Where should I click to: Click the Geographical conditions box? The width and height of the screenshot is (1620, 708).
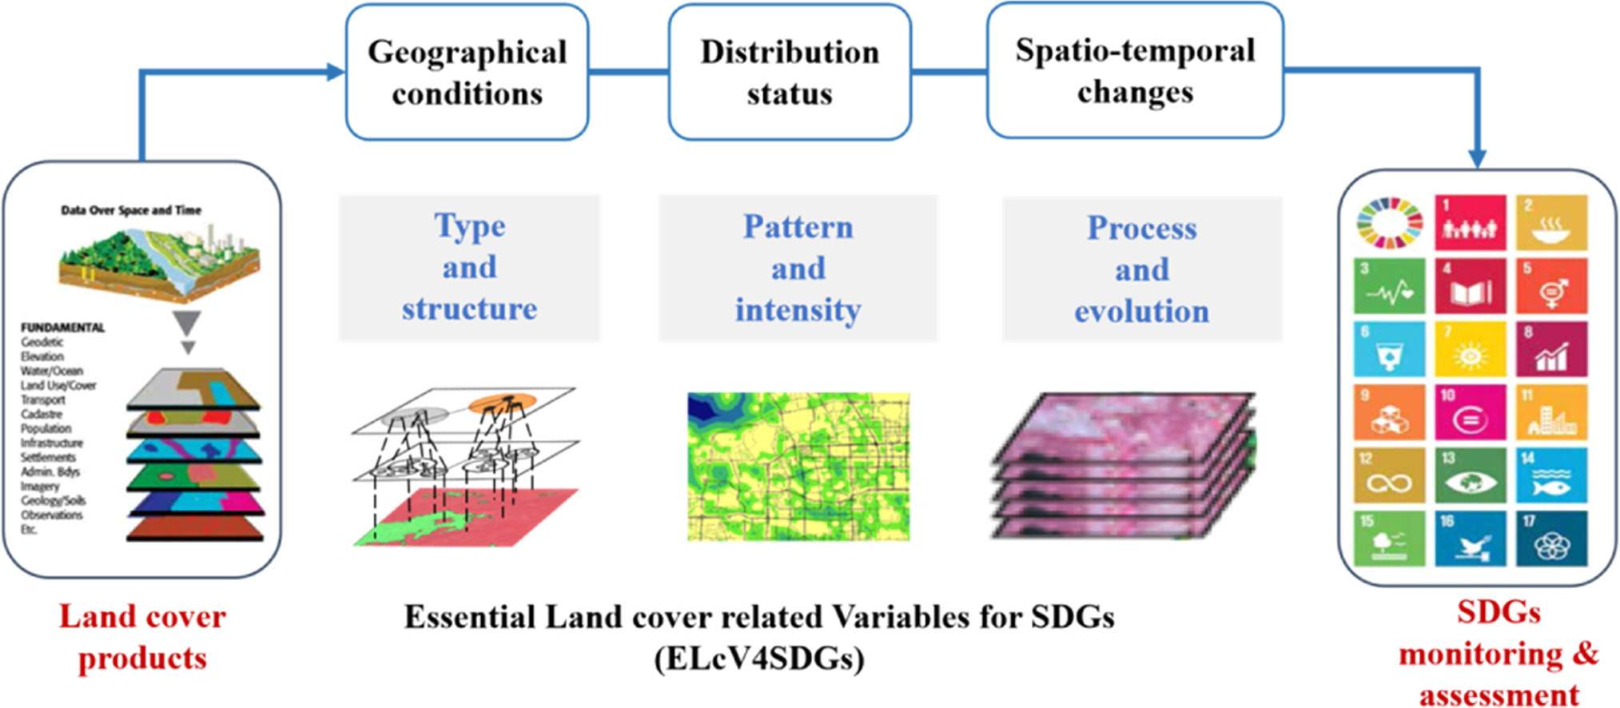[x=467, y=72]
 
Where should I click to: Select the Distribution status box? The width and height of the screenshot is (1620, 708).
[x=789, y=72]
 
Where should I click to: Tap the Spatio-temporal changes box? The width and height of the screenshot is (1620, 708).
[x=1135, y=70]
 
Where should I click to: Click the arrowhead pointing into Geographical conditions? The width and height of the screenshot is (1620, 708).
[x=336, y=72]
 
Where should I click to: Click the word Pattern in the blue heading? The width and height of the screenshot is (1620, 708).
[x=798, y=227]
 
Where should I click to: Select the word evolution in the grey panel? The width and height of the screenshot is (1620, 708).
[x=1141, y=311]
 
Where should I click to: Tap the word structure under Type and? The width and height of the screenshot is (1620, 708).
[x=469, y=308]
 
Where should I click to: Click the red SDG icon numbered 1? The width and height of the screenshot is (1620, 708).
[x=1470, y=223]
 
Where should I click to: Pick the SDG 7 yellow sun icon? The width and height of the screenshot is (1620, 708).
[x=1470, y=349]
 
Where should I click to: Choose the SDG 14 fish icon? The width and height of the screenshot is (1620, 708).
[x=1550, y=476]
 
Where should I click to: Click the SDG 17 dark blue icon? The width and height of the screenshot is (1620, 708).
[x=1550, y=539]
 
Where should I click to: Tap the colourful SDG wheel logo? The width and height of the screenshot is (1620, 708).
[x=1390, y=223]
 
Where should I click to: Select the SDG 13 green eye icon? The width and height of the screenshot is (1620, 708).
[x=1470, y=476]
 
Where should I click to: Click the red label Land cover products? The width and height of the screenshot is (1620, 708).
[x=142, y=637]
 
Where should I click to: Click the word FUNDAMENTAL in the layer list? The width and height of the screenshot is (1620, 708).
[x=62, y=328]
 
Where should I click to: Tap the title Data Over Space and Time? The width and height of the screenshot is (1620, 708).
[x=131, y=210]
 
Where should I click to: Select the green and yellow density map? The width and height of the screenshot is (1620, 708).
[x=798, y=467]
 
